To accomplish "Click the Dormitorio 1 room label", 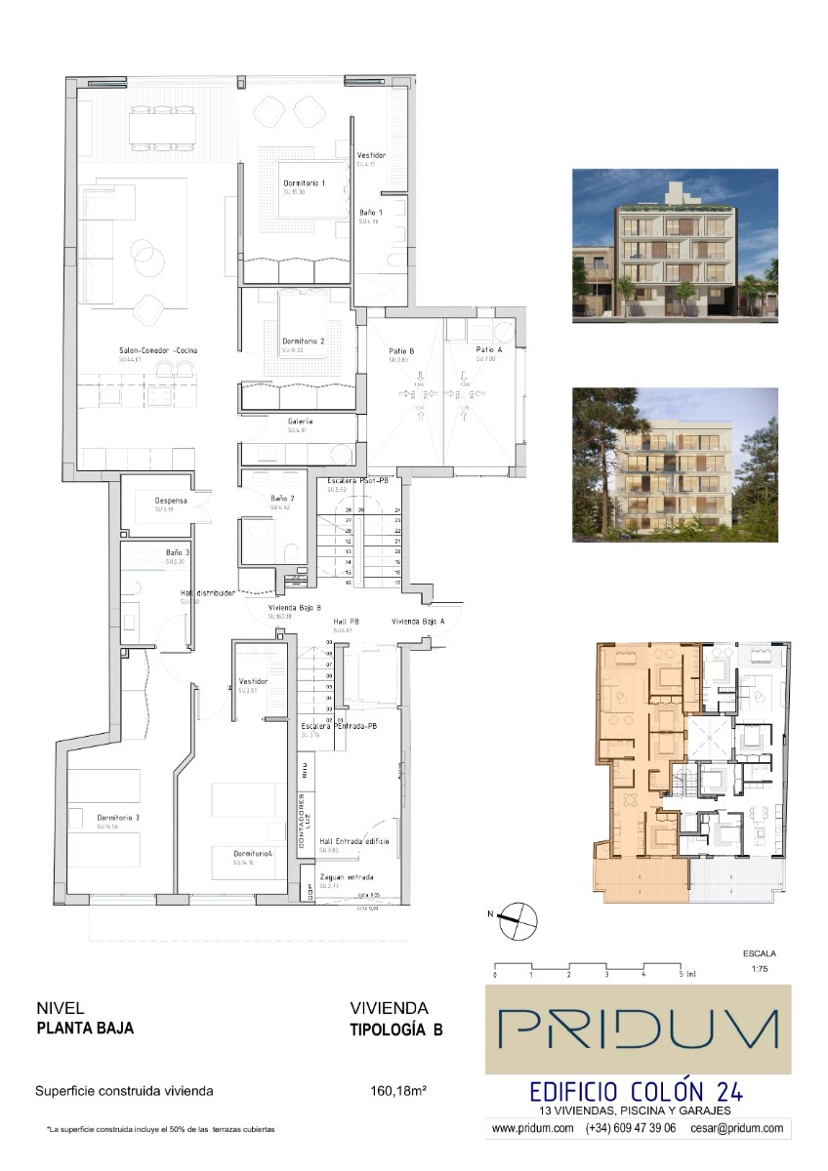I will [304, 182].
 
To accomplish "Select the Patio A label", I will [489, 349].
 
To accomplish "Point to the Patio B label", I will [401, 349].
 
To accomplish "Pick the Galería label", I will [300, 421].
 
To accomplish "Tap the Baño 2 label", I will [284, 498].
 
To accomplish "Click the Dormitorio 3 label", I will [117, 817].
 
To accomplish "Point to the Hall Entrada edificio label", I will [354, 840].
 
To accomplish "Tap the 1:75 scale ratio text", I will [759, 968].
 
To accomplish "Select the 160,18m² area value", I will [400, 1091].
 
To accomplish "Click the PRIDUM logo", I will [639, 1030].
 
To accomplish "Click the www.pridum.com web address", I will [532, 1128].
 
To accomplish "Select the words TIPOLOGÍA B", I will [396, 1028].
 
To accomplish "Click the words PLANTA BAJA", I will [85, 1028].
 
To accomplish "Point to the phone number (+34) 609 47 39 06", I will [631, 1128].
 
